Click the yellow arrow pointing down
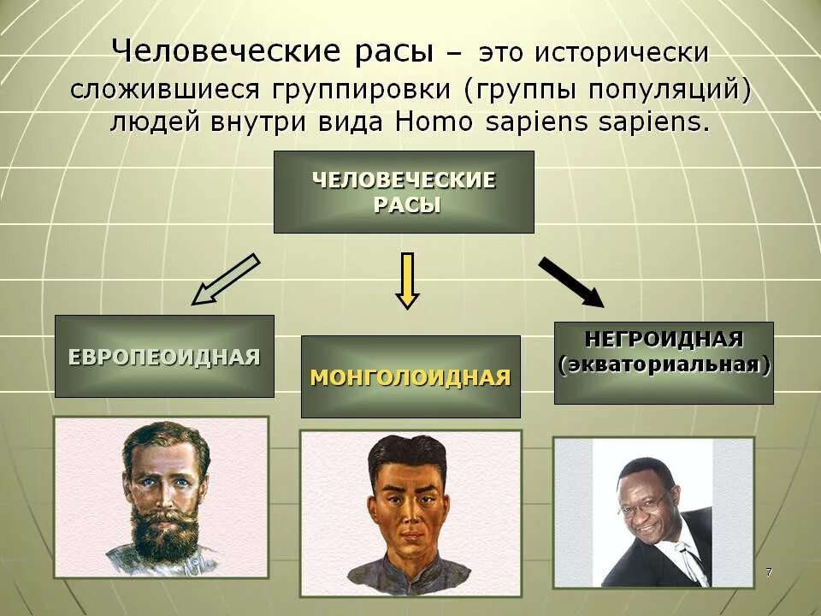pyautogui.click(x=407, y=280)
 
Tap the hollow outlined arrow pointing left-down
pyautogui.click(x=225, y=280)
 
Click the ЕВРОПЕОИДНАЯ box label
pyautogui.click(x=164, y=357)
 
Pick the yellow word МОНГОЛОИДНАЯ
pyautogui.click(x=410, y=377)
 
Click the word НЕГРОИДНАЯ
pyautogui.click(x=664, y=339)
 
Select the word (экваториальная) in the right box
pyautogui.click(x=664, y=365)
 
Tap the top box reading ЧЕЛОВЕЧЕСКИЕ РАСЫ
pyautogui.click(x=404, y=192)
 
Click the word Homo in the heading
pyautogui.click(x=434, y=121)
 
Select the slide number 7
pyautogui.click(x=769, y=571)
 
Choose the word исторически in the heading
pyautogui.click(x=622, y=54)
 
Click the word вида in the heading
pyautogui.click(x=352, y=121)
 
